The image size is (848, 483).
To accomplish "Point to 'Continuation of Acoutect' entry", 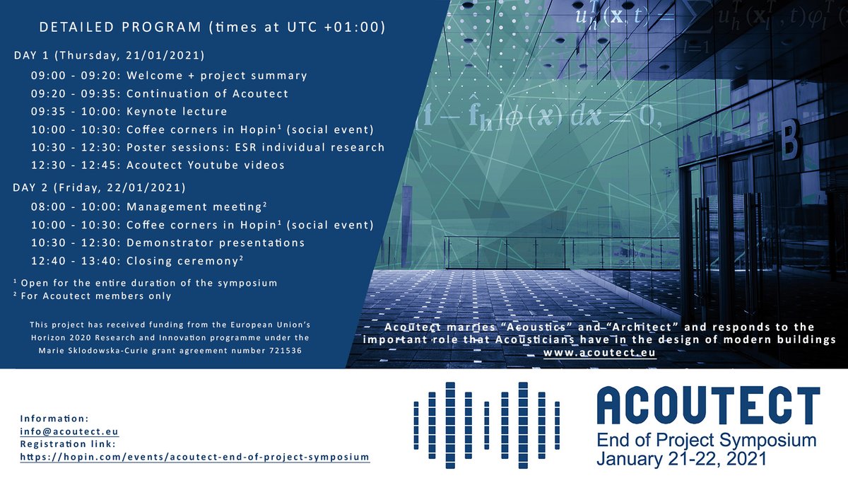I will pos(160,93).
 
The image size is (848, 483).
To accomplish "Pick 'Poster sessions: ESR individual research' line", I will pos(208,147).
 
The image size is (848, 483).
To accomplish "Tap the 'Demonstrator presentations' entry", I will pos(167,243).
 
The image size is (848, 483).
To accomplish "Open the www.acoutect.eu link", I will pos(599,353).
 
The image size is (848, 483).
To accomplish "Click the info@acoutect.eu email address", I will pos(69,431).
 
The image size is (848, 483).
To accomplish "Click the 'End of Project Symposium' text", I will pos(707,441).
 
